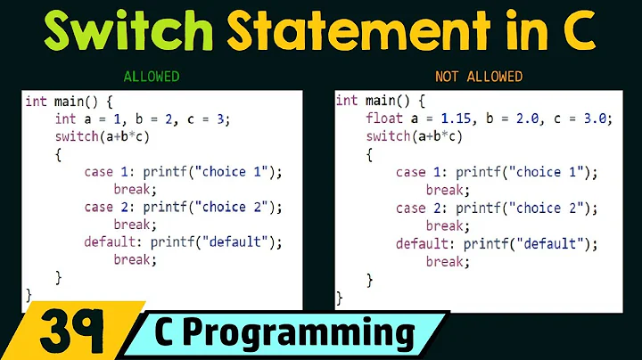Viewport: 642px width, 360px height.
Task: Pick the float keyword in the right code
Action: point(383,119)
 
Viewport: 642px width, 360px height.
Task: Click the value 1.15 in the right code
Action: point(461,119)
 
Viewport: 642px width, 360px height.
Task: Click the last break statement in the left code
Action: point(135,260)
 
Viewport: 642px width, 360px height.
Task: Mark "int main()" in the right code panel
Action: point(374,101)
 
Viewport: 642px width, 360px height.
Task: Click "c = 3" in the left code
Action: point(212,119)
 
